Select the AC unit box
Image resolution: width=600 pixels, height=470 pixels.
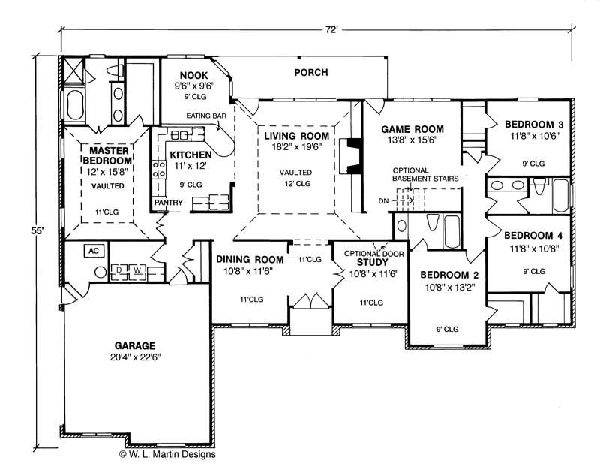pos(94,252)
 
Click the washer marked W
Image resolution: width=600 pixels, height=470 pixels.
pos(137,269)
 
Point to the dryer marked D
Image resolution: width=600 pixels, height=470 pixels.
pos(118,269)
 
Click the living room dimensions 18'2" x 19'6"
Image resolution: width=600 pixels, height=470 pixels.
pos(296,148)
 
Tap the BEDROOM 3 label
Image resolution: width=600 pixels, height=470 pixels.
pos(532,124)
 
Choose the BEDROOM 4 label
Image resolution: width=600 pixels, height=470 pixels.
pos(532,235)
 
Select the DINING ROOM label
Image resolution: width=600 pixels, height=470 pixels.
pos(249,259)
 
